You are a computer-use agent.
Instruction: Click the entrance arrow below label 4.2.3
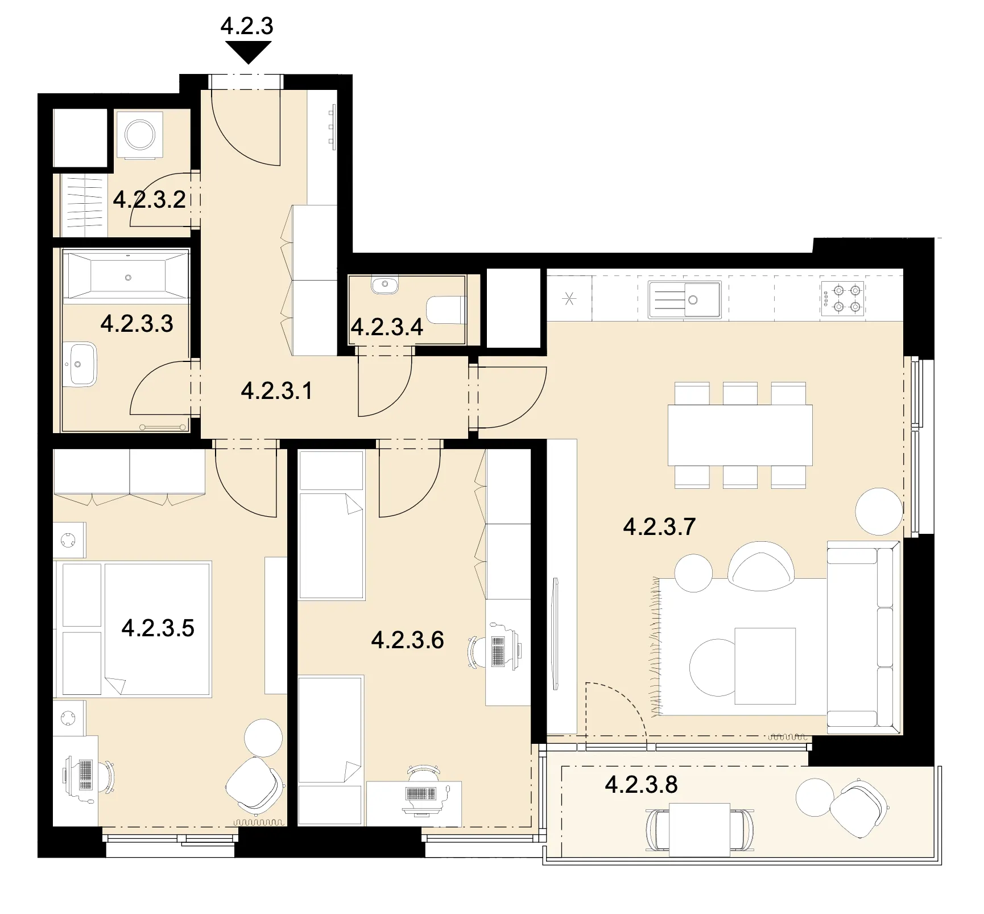tap(248, 53)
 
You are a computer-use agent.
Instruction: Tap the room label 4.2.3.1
tap(276, 391)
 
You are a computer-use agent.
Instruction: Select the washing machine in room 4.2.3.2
tap(139, 135)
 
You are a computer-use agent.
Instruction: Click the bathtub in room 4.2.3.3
tap(126, 277)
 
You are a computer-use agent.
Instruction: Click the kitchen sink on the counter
tap(685, 299)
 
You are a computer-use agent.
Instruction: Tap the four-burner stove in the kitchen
tap(842, 298)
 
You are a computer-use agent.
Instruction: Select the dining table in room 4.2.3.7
tap(740, 435)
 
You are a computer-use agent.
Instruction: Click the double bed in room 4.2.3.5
tap(133, 629)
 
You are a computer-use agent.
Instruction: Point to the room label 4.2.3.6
tap(407, 640)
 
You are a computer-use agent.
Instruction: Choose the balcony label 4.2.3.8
tap(641, 784)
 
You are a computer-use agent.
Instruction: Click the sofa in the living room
tap(863, 638)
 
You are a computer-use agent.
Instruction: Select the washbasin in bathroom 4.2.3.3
tap(79, 364)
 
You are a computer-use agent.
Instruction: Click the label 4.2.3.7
tap(659, 526)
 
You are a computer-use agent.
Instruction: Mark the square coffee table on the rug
tap(765, 666)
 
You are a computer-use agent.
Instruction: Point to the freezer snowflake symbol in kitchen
tap(569, 299)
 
